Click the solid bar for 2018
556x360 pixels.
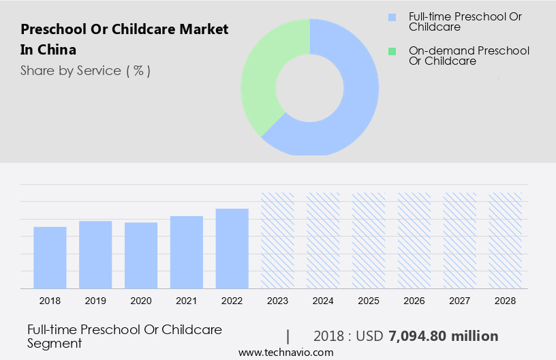click(50, 258)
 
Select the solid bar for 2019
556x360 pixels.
click(95, 255)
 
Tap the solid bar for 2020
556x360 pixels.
click(141, 256)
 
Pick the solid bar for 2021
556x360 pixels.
click(187, 252)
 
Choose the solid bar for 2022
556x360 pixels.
click(232, 249)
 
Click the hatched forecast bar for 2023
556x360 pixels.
click(278, 240)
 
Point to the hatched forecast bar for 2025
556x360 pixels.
click(369, 240)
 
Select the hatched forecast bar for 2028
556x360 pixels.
click(506, 240)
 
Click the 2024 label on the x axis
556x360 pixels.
click(323, 300)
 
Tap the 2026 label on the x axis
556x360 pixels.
click(414, 300)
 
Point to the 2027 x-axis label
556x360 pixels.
click(460, 300)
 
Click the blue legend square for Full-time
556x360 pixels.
click(392, 16)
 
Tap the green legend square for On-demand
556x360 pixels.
click(392, 50)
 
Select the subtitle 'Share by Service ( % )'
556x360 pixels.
click(85, 70)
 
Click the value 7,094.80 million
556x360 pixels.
click(443, 336)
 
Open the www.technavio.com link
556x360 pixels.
click(285, 352)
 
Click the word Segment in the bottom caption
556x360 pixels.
click(55, 343)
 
